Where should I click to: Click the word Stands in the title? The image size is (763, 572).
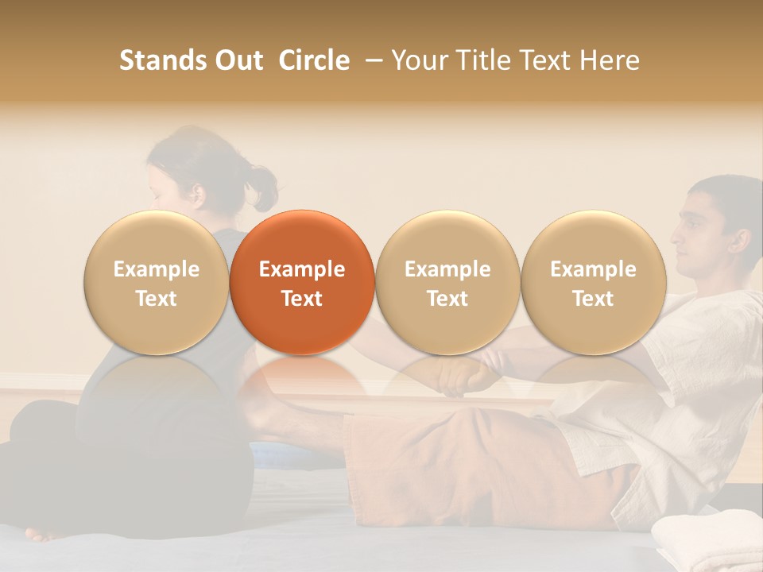(161, 60)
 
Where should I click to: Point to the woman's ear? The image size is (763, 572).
(196, 193)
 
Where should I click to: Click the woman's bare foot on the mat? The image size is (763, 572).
(44, 533)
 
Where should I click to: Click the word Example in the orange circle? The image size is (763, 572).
(302, 269)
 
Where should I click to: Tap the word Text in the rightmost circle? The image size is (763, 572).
(593, 299)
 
